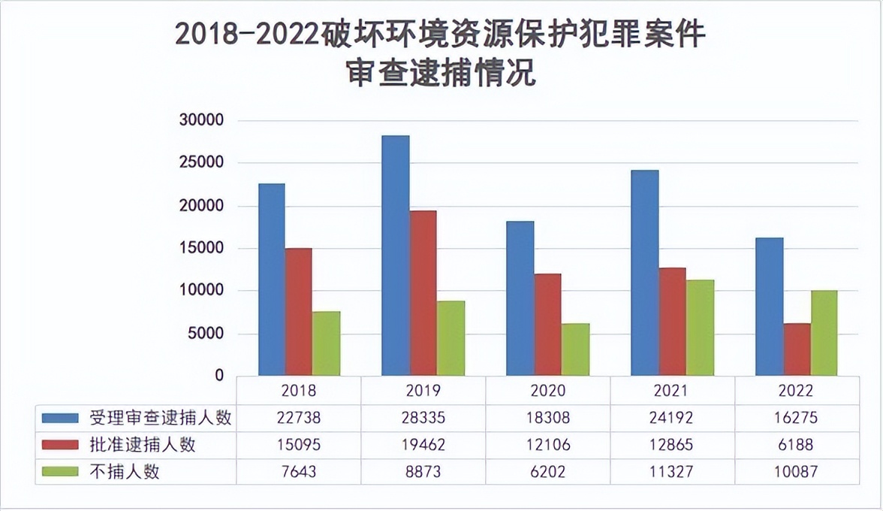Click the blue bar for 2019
click(x=396, y=255)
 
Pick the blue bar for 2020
click(x=520, y=298)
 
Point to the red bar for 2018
click(x=298, y=312)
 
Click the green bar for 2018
click(x=327, y=343)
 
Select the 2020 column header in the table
click(x=548, y=391)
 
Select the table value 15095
click(x=299, y=445)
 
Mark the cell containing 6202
click(x=548, y=472)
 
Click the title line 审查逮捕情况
click(x=441, y=73)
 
